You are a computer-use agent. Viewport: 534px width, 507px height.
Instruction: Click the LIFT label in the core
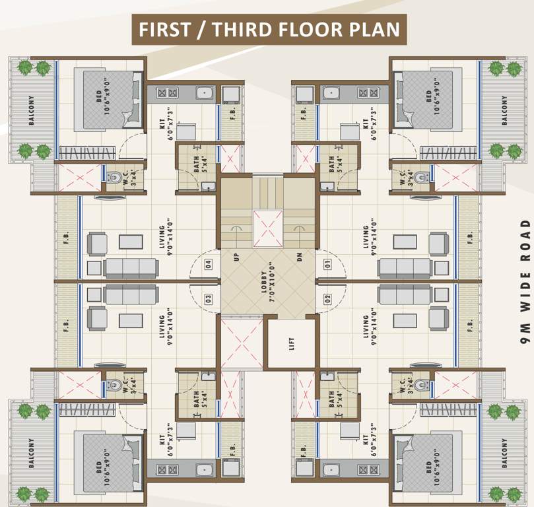(292, 344)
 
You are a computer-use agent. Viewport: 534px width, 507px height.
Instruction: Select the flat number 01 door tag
(327, 265)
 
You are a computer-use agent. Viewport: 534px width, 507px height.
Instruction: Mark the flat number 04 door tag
(208, 265)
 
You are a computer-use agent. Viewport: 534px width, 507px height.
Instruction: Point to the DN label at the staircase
(299, 256)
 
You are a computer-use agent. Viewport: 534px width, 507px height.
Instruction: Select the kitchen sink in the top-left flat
(205, 93)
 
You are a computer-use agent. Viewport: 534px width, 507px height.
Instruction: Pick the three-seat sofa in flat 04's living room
(131, 267)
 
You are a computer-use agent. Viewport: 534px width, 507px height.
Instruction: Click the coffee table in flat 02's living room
(403, 320)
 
